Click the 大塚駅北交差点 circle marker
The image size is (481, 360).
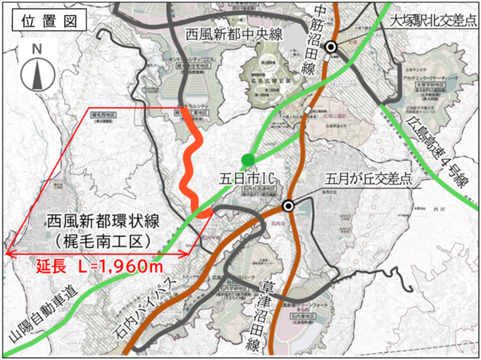[x=331, y=46]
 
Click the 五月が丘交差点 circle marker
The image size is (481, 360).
[x=289, y=205]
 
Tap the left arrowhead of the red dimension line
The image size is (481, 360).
[x=8, y=255]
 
